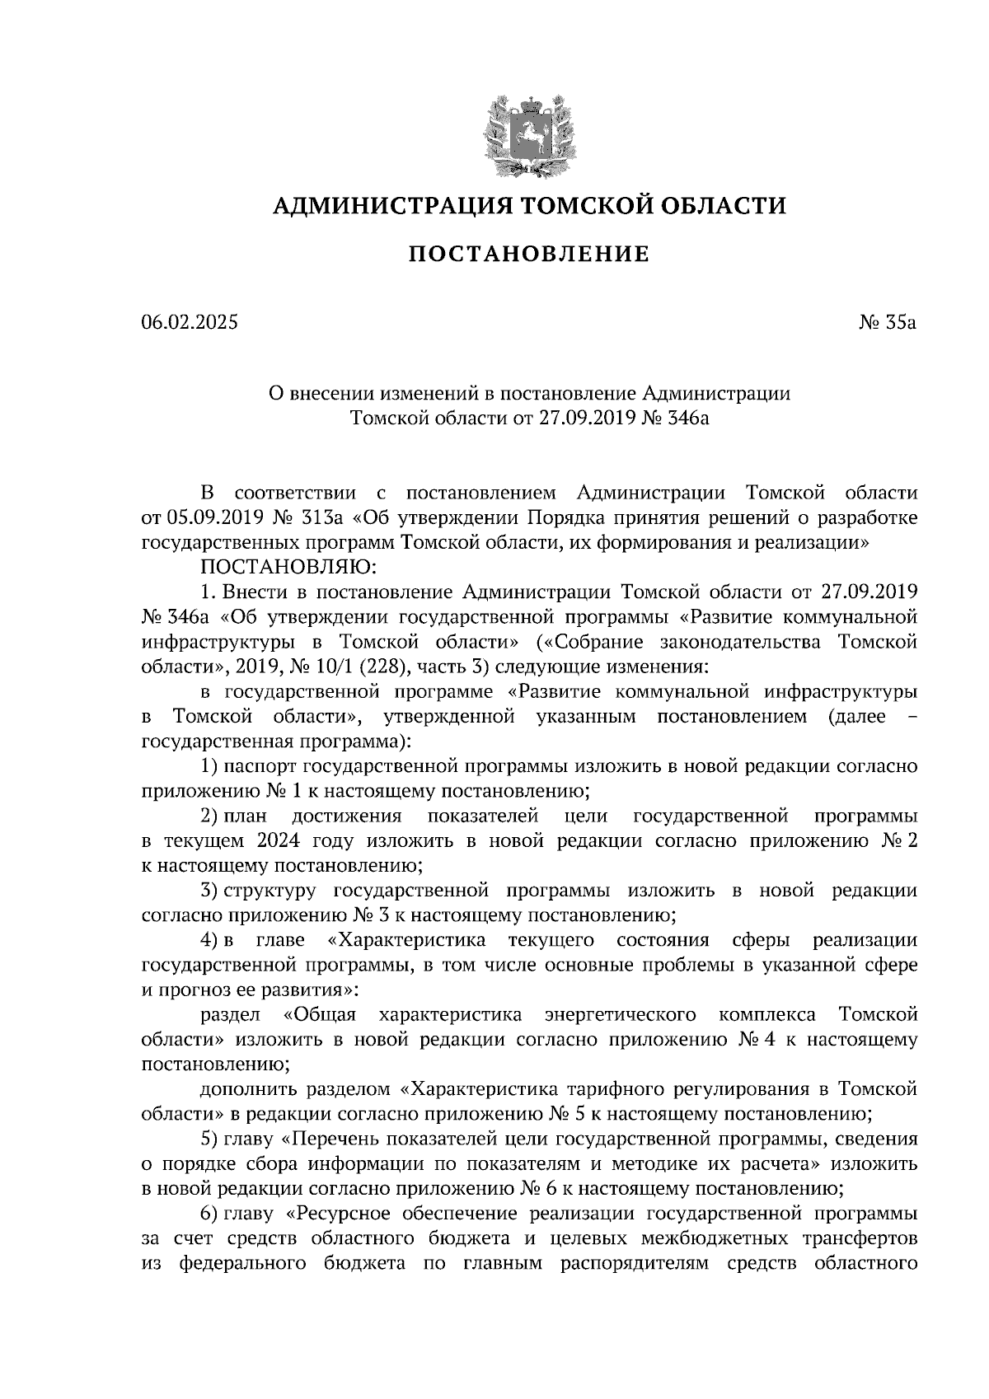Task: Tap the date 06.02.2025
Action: coord(190,322)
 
